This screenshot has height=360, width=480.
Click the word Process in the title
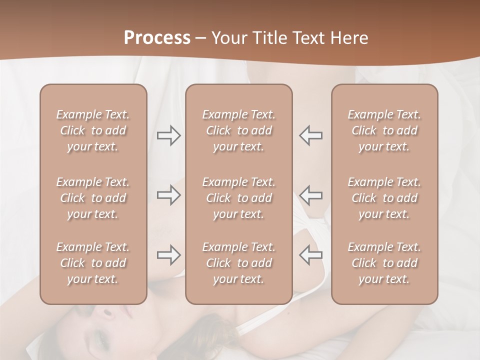click(x=157, y=38)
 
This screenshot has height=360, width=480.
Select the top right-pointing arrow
click(x=169, y=135)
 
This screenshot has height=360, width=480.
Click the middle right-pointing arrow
click(x=169, y=195)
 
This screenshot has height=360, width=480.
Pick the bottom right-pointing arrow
click(x=169, y=255)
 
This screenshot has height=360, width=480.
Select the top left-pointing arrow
click(x=311, y=135)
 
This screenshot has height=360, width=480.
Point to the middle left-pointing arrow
click(x=311, y=195)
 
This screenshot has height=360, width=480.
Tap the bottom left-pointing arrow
click(x=311, y=255)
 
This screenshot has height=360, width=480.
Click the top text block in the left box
click(x=93, y=130)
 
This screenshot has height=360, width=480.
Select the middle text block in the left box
click(x=93, y=198)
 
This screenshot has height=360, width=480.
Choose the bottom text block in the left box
click(x=93, y=263)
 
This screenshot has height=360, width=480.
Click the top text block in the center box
click(x=239, y=130)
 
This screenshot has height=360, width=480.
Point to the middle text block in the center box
click(x=239, y=198)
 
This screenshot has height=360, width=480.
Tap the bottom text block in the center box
click(x=239, y=263)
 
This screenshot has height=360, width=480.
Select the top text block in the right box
click(x=384, y=130)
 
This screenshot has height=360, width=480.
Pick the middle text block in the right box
click(x=384, y=198)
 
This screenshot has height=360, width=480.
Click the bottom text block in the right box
click(x=384, y=263)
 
